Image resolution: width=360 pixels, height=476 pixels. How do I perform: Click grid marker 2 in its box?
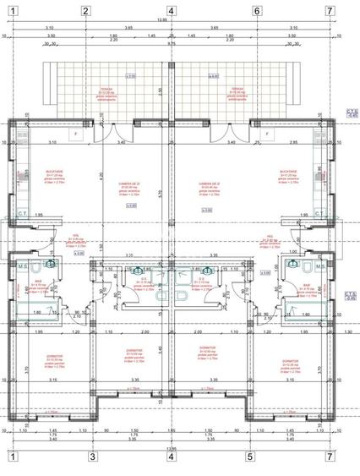click(x=86, y=11)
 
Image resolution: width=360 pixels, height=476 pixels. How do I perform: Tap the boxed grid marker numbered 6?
click(x=256, y=11)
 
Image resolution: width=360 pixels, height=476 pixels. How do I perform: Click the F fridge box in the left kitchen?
click(x=77, y=134)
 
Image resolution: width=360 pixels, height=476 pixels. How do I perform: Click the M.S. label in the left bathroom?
click(x=21, y=265)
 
